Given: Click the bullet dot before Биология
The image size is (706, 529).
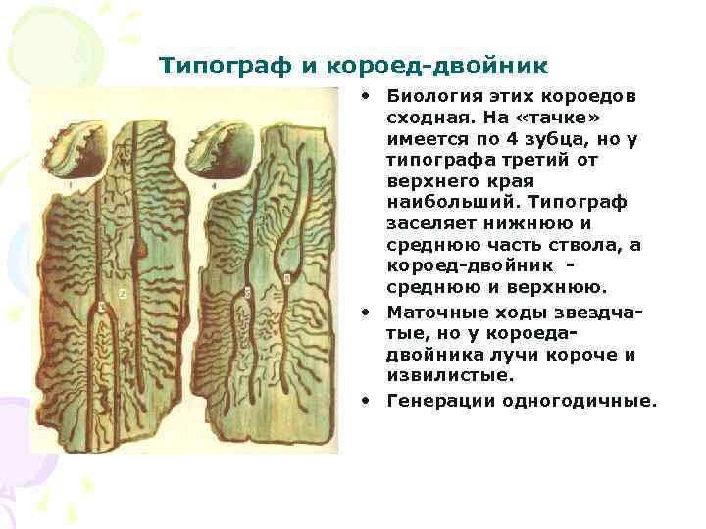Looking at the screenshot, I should [364, 97].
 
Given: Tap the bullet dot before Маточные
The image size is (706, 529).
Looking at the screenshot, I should [364, 313].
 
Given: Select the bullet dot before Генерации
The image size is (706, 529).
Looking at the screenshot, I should [364, 401].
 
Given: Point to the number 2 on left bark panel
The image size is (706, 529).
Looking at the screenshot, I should [122, 293].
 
